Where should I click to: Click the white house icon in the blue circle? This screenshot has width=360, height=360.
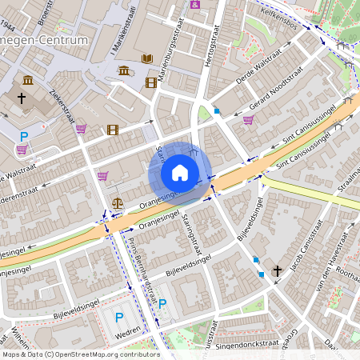click(x=180, y=173)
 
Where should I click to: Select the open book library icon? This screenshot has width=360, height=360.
click(x=147, y=58)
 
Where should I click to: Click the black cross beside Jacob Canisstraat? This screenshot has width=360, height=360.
click(x=278, y=270)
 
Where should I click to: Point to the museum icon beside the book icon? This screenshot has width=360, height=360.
click(x=124, y=71)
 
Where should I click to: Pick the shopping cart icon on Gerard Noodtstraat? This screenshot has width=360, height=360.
click(x=248, y=121)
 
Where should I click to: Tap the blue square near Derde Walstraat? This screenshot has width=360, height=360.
click(x=216, y=111)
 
